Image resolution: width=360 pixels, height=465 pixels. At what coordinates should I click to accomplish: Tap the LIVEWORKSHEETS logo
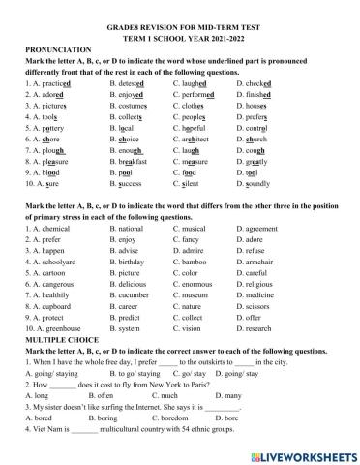[x=300, y=449]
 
